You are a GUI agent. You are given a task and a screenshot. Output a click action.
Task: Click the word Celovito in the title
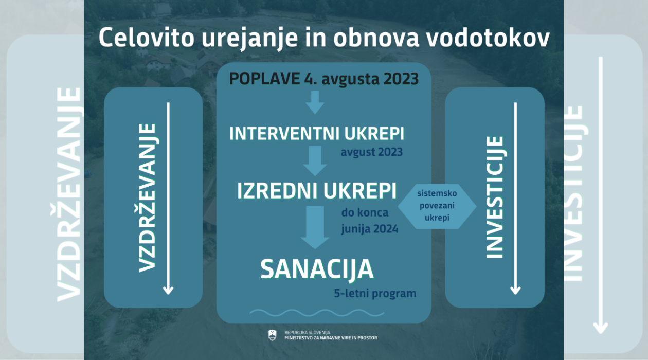tap(147, 38)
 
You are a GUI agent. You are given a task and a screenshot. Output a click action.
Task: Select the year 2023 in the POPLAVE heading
tap(401, 79)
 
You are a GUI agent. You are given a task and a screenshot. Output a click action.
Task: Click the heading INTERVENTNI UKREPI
tap(317, 134)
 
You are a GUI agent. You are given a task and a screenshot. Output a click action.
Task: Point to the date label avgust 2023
tap(371, 152)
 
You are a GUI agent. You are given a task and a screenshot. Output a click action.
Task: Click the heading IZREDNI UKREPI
tap(317, 191)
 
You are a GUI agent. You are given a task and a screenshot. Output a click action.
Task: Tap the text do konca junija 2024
tap(370, 221)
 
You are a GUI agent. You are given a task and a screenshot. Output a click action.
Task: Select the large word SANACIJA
tap(317, 269)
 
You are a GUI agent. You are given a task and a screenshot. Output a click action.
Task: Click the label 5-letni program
tap(375, 294)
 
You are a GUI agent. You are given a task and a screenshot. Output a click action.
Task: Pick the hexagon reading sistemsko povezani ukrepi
tap(437, 206)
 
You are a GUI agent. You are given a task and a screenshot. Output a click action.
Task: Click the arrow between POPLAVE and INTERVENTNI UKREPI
tap(315, 102)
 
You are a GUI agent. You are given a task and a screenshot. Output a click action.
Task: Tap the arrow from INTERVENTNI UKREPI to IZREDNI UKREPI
tap(315, 161)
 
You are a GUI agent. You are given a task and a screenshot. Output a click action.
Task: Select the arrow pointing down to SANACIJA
tap(315, 227)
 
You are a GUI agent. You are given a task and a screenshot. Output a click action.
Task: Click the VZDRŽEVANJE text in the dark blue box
tap(148, 198)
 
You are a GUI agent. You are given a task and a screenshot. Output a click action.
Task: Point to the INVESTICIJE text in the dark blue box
tap(495, 197)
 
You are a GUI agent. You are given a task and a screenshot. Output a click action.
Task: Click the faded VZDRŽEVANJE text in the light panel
tap(69, 194)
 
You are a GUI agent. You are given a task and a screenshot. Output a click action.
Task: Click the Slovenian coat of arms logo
tap(272, 335)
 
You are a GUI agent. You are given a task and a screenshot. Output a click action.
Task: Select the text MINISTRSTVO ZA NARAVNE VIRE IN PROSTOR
tap(331, 338)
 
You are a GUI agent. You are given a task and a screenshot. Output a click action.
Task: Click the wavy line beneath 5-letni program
tap(317, 313)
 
